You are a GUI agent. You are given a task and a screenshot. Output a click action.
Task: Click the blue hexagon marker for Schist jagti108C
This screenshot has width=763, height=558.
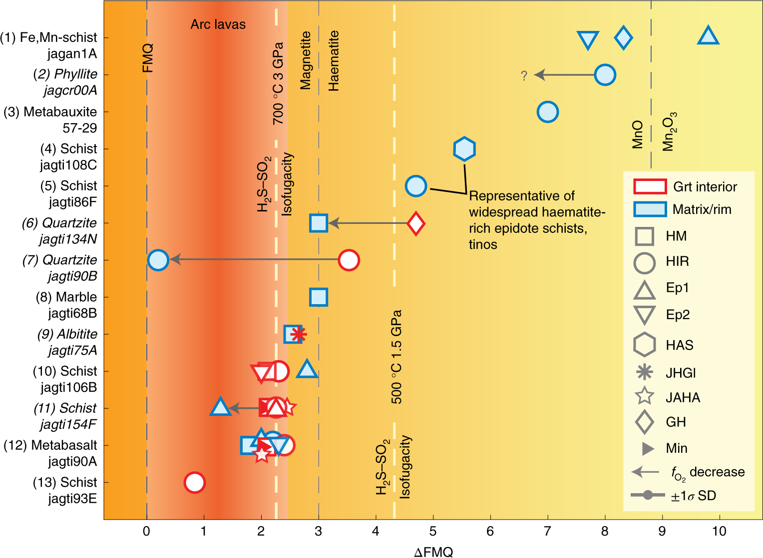tap(464, 149)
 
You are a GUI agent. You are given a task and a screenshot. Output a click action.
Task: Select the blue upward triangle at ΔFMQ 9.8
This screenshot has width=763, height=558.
tap(708, 36)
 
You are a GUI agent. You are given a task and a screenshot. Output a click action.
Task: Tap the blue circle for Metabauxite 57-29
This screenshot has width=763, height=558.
tap(548, 112)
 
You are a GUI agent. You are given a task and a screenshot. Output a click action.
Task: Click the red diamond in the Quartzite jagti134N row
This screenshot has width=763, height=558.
tap(416, 223)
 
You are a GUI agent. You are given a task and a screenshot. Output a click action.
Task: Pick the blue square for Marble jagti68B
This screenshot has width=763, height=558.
tap(319, 297)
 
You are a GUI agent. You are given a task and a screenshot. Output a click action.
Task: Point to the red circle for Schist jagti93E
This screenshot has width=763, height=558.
tap(194, 482)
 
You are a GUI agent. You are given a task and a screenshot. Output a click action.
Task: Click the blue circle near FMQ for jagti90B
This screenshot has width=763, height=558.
tap(158, 260)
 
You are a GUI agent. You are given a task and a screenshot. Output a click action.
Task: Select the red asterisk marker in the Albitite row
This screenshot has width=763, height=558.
tap(298, 334)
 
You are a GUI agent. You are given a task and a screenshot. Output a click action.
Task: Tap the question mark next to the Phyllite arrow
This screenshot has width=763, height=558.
tap(524, 76)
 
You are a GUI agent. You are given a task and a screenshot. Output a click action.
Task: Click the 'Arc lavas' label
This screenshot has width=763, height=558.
tap(218, 24)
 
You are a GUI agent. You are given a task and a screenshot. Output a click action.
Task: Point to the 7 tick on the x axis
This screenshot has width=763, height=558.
tap(548, 532)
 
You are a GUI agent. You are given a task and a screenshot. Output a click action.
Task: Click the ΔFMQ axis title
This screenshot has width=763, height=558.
tap(433, 552)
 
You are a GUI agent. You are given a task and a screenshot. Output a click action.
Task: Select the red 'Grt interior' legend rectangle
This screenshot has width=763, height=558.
tap(650, 186)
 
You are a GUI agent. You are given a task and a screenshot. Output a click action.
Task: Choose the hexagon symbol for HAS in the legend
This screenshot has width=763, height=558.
tap(644, 345)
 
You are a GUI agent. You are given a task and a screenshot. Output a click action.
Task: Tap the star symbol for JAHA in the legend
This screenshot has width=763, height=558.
tap(644, 396)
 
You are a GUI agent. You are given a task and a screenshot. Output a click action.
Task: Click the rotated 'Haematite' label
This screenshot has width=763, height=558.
tap(334, 61)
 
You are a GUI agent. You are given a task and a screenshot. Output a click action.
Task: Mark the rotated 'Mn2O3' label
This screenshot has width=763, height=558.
tap(669, 132)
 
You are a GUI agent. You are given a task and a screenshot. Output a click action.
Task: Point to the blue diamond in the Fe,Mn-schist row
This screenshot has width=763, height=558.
tap(623, 37)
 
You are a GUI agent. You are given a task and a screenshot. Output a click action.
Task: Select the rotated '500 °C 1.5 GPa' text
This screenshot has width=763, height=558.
tap(396, 357)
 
